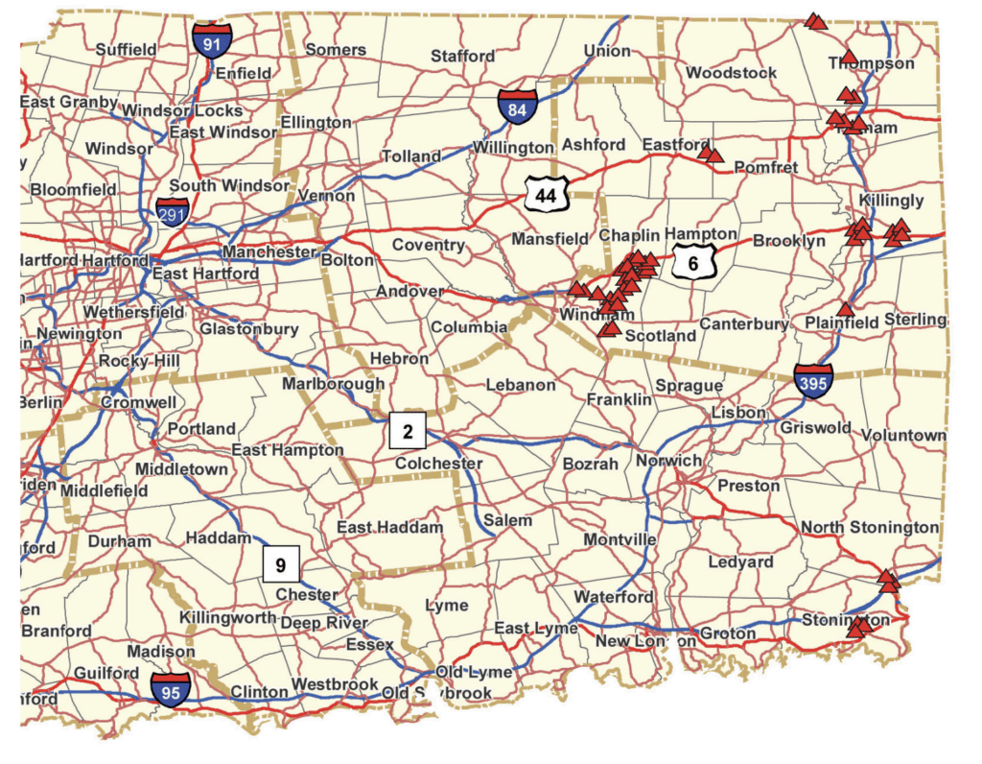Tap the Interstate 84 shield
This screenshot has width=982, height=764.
coord(517,107)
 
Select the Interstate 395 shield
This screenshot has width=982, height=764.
coord(813,381)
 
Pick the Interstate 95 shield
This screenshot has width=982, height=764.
coord(170,689)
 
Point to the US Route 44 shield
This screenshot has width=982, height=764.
coord(547,195)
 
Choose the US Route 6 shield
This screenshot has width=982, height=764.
coord(692,261)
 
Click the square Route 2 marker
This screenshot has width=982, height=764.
coord(408,431)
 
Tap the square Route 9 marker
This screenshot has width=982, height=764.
coord(281,564)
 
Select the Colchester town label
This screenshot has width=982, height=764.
coord(439,464)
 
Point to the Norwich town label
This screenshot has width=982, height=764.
coord(668,461)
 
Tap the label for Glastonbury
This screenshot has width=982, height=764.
coord(249,329)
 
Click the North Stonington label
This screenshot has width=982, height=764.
coord(870,527)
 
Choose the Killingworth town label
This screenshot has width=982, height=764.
coord(228,618)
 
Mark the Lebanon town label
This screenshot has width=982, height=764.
coord(521,385)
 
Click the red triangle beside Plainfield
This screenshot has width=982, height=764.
coord(844,309)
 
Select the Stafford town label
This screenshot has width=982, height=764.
coord(462,56)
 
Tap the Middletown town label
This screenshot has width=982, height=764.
coord(181,469)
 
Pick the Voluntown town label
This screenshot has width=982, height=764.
coord(903,435)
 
